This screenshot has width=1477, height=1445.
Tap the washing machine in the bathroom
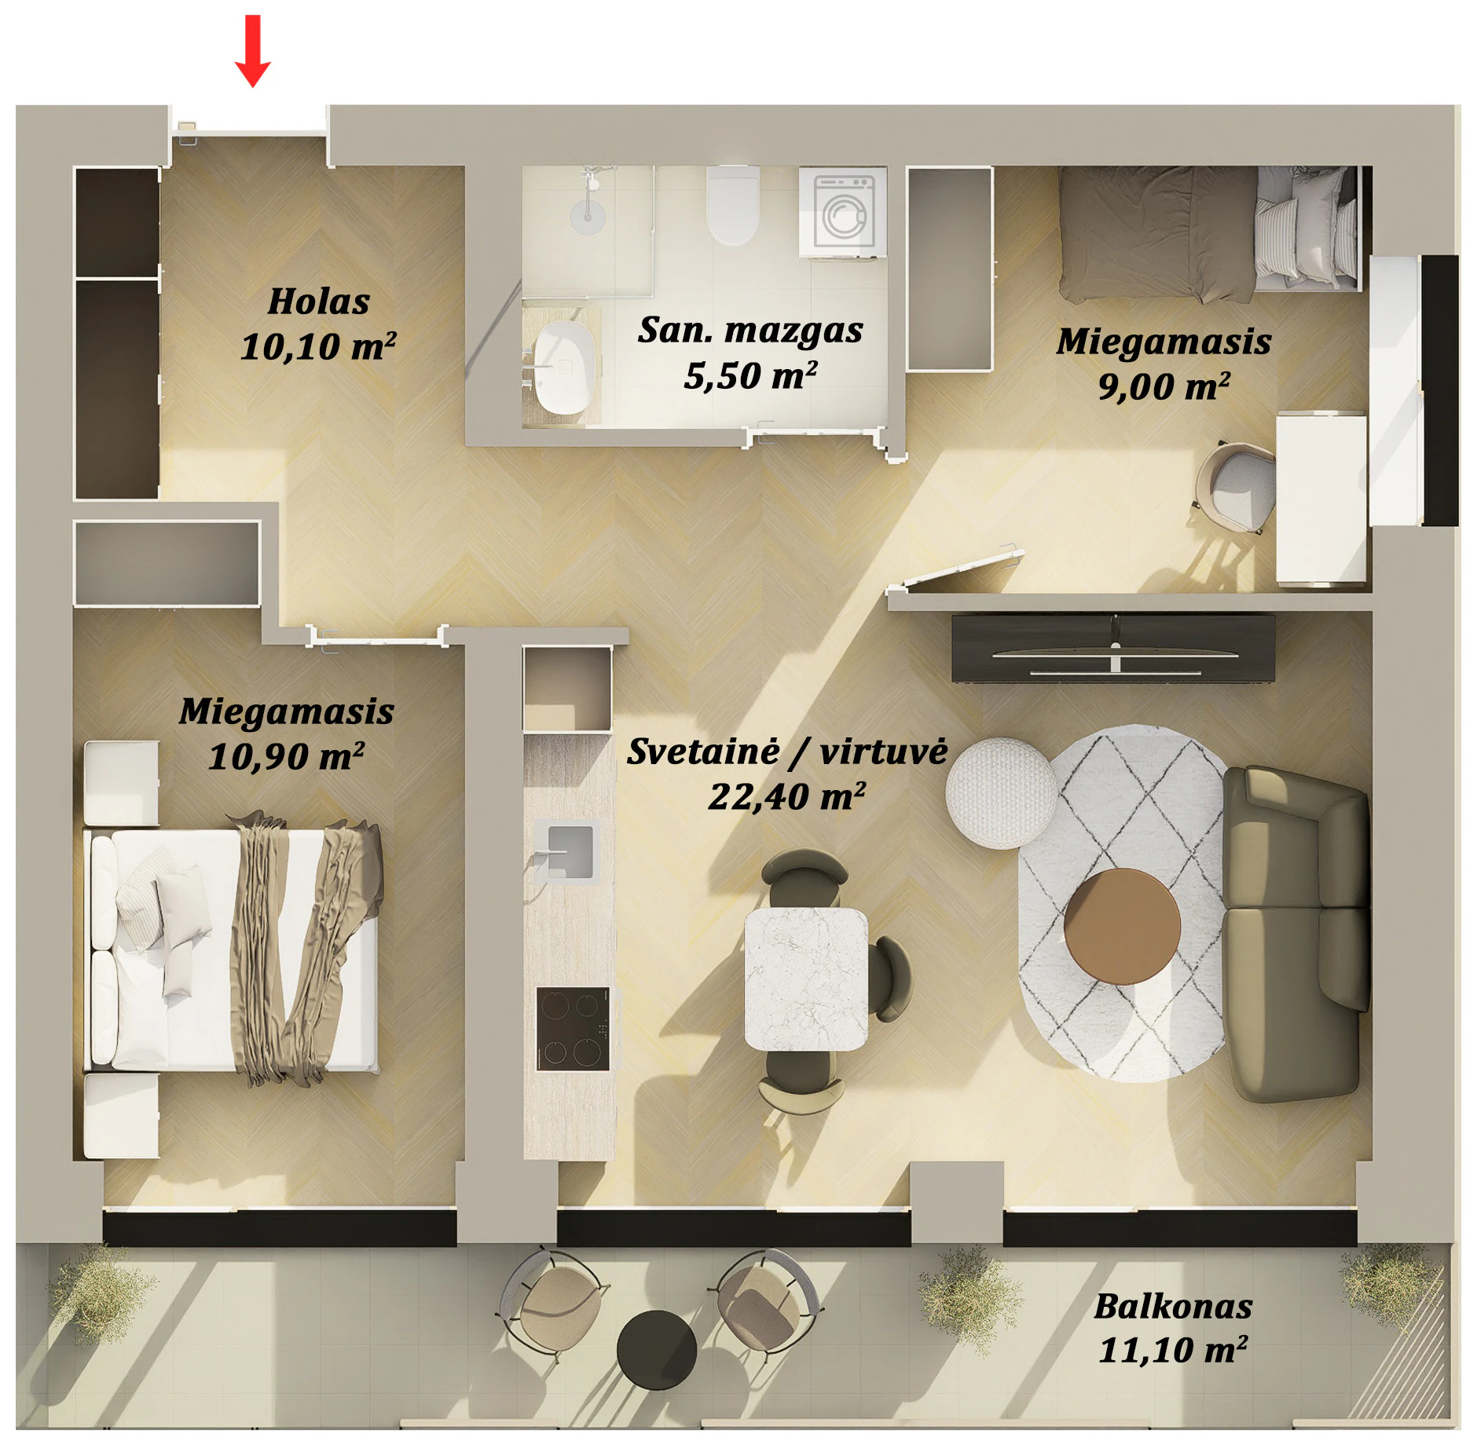click(843, 211)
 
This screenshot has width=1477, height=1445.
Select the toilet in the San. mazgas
click(732, 205)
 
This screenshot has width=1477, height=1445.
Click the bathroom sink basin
click(563, 367)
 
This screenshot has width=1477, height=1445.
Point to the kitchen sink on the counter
click(566, 851)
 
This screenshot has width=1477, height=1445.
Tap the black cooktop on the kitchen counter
click(573, 1028)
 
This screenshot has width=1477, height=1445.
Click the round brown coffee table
click(1122, 927)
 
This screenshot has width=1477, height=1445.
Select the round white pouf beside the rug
click(1001, 792)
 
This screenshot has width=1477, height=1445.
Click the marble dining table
click(806, 979)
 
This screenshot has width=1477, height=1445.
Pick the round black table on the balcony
click(657, 1349)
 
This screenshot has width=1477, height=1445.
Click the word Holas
click(318, 302)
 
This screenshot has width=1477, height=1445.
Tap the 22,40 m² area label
click(786, 796)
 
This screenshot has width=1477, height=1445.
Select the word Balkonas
click(1173, 1307)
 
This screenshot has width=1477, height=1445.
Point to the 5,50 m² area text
click(750, 375)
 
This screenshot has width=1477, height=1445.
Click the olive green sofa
click(1296, 934)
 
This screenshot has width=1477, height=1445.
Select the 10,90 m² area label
click(286, 756)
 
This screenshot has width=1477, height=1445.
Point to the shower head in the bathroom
click(587, 215)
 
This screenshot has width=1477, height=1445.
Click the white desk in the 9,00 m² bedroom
click(1321, 499)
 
